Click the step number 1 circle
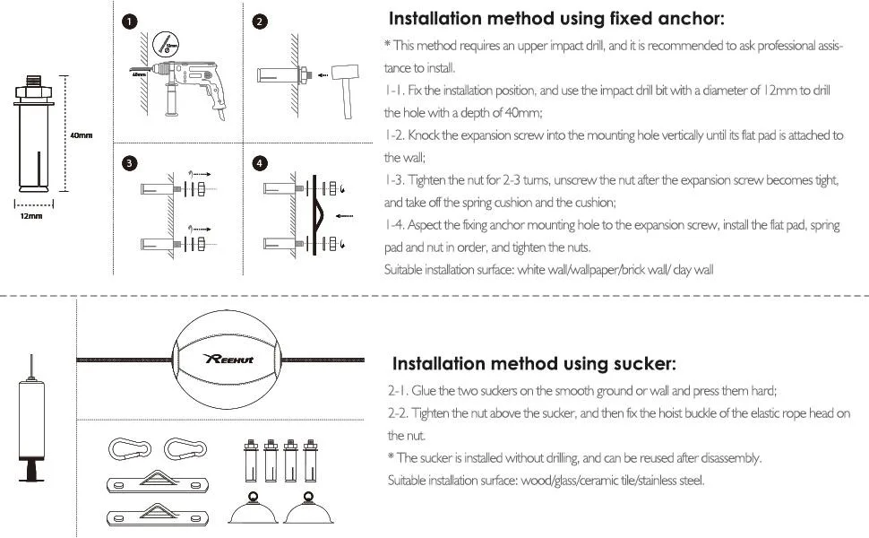point(130,22)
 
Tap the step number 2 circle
point(260,22)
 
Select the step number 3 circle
point(130,163)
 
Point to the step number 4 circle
point(260,163)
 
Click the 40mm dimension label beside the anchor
point(81,135)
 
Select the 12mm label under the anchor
point(31,216)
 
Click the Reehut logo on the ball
point(228,359)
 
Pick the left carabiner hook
point(130,449)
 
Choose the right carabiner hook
point(185,449)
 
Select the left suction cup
point(254,508)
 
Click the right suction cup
point(309,508)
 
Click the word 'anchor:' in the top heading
point(691,19)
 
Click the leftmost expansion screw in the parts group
point(251,461)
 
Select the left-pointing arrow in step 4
point(344,216)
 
